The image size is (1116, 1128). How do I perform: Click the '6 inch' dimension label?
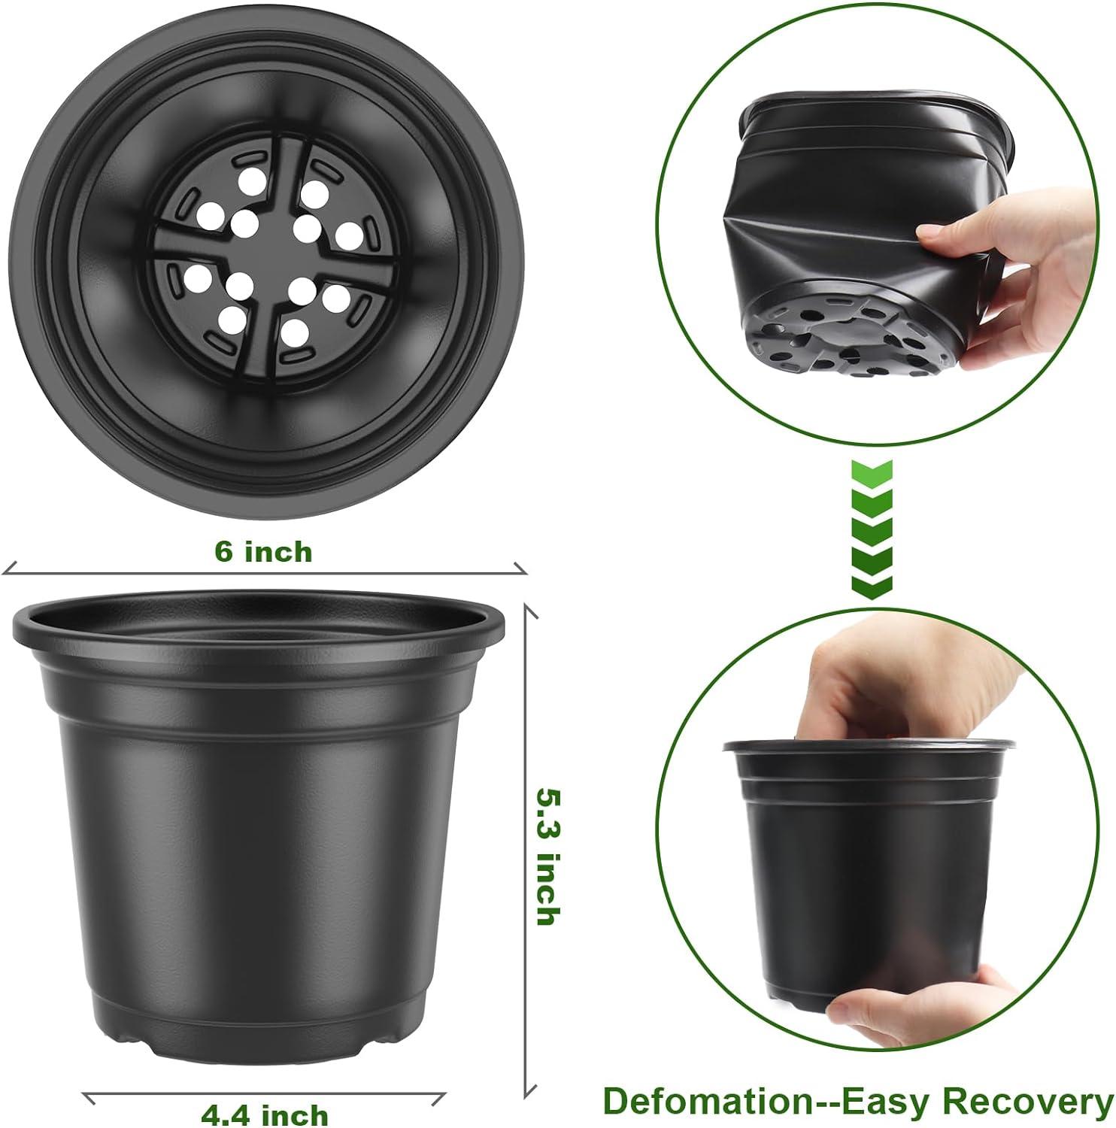[262, 552]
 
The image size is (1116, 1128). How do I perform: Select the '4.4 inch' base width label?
[264, 1113]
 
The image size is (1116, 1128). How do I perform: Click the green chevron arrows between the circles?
[872, 529]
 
